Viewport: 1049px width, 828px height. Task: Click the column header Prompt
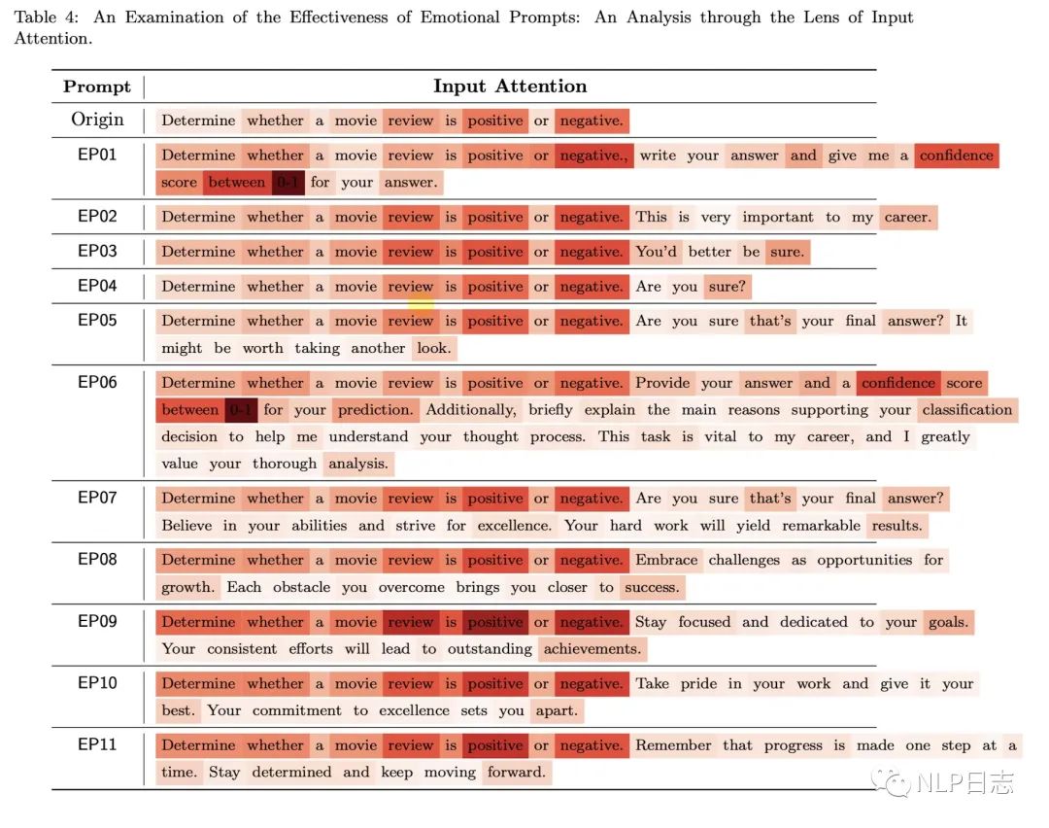(x=97, y=86)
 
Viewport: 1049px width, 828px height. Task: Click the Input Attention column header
(x=510, y=86)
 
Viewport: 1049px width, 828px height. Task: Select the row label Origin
(x=98, y=120)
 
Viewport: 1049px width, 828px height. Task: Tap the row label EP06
(x=98, y=382)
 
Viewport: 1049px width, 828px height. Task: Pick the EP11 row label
(x=98, y=744)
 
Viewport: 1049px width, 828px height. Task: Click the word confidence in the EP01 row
(x=956, y=155)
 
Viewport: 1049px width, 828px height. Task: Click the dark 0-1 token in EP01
(x=288, y=182)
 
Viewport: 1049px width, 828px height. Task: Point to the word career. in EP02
(x=907, y=217)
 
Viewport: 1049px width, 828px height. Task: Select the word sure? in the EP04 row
(x=728, y=287)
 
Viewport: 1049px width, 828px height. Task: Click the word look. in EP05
(x=434, y=348)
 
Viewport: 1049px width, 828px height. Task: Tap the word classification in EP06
(x=966, y=410)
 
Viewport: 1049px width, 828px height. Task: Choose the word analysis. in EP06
(x=357, y=464)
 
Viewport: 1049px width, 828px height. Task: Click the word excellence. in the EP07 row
(x=515, y=526)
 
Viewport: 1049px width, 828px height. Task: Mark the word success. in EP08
(x=652, y=587)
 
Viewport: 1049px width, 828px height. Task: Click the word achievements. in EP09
(x=592, y=648)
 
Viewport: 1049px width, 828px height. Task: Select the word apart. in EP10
(x=557, y=710)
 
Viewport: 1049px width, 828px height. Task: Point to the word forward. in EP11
(x=517, y=772)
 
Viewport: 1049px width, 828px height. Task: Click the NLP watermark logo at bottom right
(x=941, y=781)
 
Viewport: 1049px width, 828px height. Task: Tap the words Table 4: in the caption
(x=47, y=17)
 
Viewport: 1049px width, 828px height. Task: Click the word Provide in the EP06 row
(x=662, y=383)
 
